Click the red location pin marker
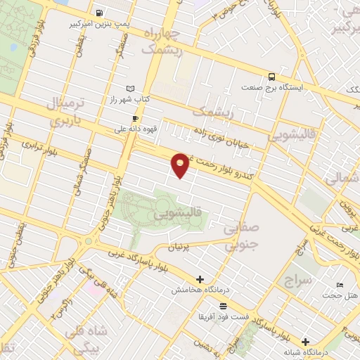(x=181, y=165)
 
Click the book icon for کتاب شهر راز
(x=129, y=89)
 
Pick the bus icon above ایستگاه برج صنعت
(x=271, y=77)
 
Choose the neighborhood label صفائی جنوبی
(x=242, y=237)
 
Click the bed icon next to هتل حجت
(x=340, y=285)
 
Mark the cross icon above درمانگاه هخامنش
(x=200, y=279)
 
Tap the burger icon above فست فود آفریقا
(x=223, y=306)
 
